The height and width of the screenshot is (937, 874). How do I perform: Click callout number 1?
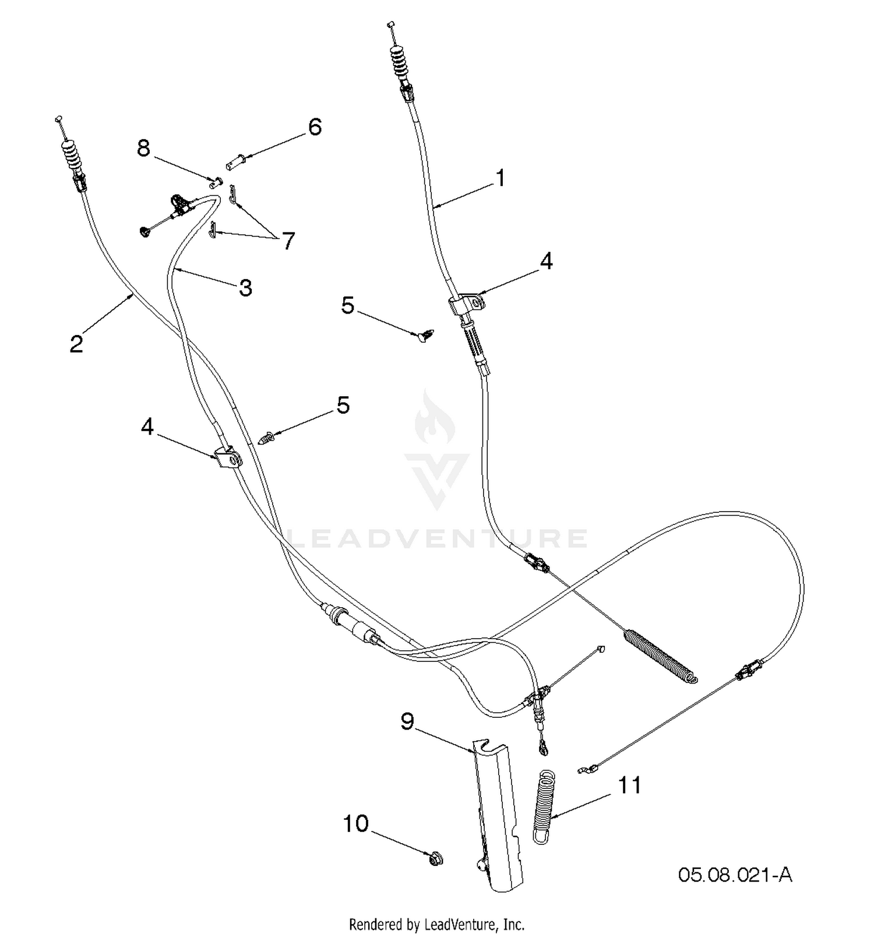click(x=500, y=178)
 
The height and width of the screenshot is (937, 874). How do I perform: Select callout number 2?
click(x=76, y=344)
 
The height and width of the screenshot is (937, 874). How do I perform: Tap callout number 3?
click(x=245, y=288)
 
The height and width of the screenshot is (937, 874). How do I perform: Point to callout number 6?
click(x=315, y=126)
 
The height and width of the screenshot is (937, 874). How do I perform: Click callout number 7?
click(x=288, y=241)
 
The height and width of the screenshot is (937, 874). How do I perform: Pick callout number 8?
click(x=143, y=148)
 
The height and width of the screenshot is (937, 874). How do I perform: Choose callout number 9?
click(x=407, y=721)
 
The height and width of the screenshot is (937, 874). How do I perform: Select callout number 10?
click(x=355, y=824)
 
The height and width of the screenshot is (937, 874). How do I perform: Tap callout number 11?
click(x=629, y=785)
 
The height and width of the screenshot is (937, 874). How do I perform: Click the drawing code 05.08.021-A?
click(x=735, y=875)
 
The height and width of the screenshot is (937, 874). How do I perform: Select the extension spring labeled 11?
click(x=544, y=806)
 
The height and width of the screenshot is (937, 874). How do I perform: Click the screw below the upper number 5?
click(x=427, y=336)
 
